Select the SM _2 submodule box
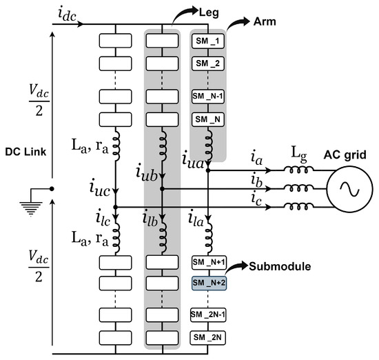tap(207, 63)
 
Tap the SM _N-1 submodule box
tap(207, 97)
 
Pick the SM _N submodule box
tap(207, 120)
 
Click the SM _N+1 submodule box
tap(207, 262)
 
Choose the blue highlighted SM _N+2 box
tap(207, 283)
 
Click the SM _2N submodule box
tap(207, 337)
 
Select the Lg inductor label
tap(287, 159)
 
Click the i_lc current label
tap(102, 220)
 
